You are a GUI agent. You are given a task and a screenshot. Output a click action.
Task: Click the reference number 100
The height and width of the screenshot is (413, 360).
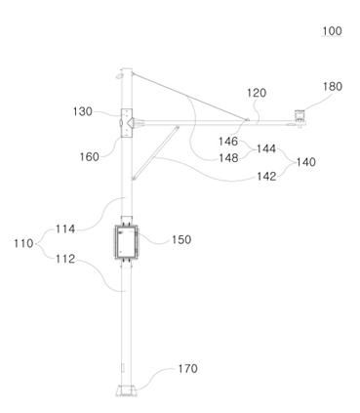click(x=332, y=31)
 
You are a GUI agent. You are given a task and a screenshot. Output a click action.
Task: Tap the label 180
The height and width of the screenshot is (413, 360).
click(x=333, y=87)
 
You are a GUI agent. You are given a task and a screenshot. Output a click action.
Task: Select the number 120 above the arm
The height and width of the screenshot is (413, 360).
click(x=257, y=93)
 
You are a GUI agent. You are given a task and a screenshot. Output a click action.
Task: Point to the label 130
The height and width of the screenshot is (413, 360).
click(x=83, y=111)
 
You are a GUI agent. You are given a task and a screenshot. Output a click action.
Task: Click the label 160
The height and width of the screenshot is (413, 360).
click(x=90, y=157)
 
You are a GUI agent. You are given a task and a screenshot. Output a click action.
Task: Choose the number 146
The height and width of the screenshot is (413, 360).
click(x=228, y=142)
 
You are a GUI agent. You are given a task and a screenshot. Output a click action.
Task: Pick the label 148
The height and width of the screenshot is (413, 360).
click(x=228, y=158)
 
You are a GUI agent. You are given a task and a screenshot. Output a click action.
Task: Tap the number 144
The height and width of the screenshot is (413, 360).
click(x=266, y=149)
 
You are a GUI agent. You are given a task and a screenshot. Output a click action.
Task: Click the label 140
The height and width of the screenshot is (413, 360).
click(x=306, y=162)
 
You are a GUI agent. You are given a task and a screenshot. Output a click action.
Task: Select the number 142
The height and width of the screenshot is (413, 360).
click(x=266, y=177)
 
